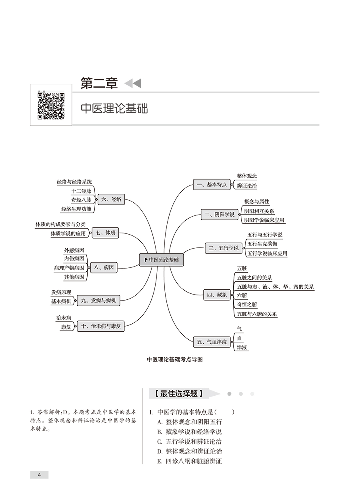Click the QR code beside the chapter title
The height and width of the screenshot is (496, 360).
click(51, 106)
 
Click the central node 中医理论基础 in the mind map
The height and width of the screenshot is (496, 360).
click(161, 260)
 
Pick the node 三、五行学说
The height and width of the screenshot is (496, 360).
click(223, 248)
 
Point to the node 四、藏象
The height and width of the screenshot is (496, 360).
click(217, 295)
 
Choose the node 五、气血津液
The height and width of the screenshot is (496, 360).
click(212, 342)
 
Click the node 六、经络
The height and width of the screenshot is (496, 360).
click(111, 199)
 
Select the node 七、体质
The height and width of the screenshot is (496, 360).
click(106, 233)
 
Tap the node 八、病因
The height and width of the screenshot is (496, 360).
click(104, 267)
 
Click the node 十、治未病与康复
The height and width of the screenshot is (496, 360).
click(101, 326)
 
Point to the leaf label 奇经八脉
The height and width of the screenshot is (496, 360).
click(81, 200)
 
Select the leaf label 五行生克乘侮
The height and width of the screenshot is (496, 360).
click(262, 244)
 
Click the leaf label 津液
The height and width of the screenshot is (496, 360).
click(242, 347)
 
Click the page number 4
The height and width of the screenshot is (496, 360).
click(39, 475)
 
